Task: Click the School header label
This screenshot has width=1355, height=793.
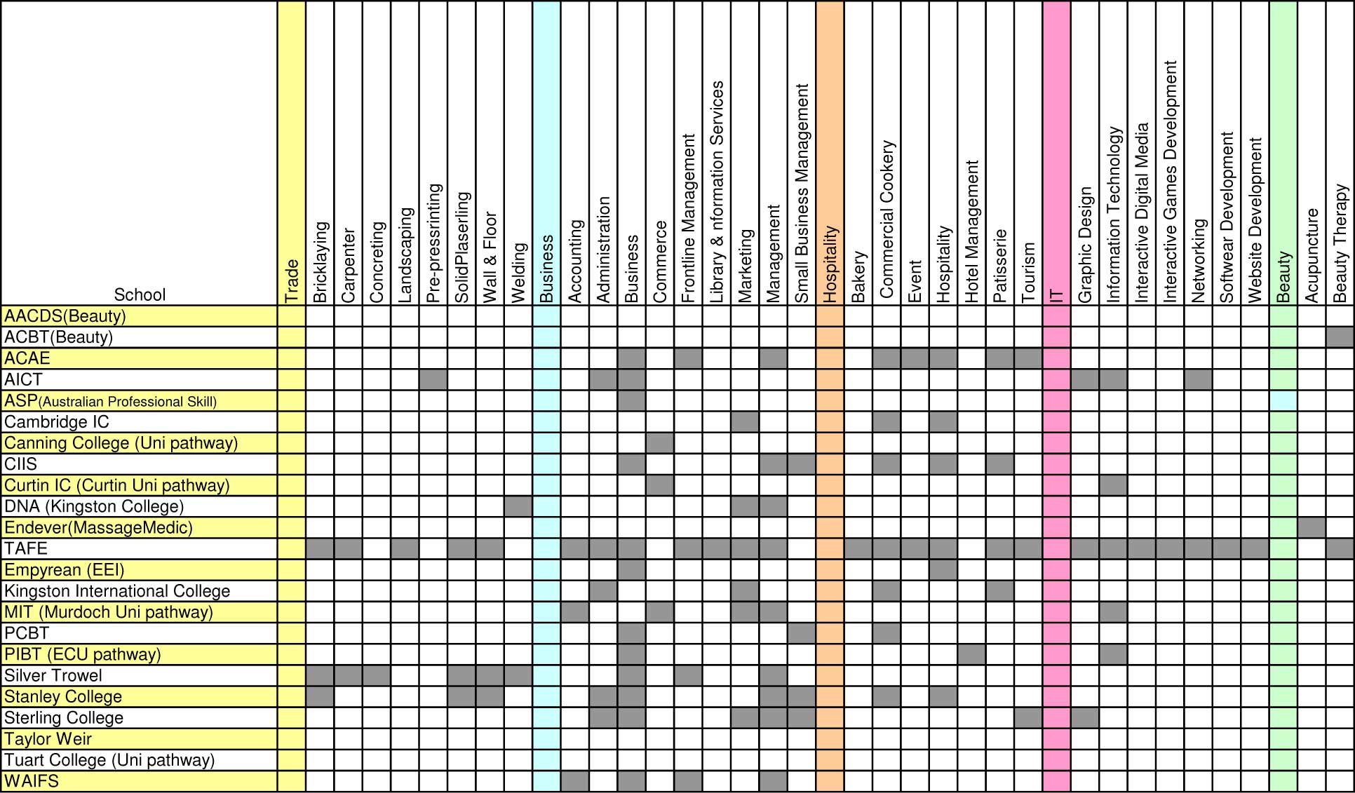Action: pos(140,294)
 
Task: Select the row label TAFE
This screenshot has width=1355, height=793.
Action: pos(26,548)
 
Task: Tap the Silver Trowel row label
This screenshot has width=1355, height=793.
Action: pos(53,675)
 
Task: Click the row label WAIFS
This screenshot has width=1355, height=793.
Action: pos(32,781)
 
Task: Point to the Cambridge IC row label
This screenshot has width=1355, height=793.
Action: pos(57,421)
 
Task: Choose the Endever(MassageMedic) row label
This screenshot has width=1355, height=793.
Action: pos(98,527)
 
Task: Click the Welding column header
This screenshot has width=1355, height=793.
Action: pos(518,272)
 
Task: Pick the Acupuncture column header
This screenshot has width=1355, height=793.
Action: pos(1312,255)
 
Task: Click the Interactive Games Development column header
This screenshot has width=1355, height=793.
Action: pos(1170,182)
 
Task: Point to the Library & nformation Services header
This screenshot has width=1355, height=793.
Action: pos(717,191)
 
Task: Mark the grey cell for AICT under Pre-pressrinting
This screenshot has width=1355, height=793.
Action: pos(433,379)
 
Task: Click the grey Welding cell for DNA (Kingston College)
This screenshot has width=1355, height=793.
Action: pos(518,506)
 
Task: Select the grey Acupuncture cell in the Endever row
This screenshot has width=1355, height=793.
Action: pos(1312,527)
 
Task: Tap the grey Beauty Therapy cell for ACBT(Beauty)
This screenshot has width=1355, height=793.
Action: pos(1340,337)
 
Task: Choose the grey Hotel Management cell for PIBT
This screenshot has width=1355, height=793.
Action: pos(971,654)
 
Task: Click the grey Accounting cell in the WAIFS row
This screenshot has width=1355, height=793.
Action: pos(575,781)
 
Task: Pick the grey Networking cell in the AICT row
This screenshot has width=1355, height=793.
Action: pos(1198,379)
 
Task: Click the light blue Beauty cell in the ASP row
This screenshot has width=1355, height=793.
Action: pos(1283,401)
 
